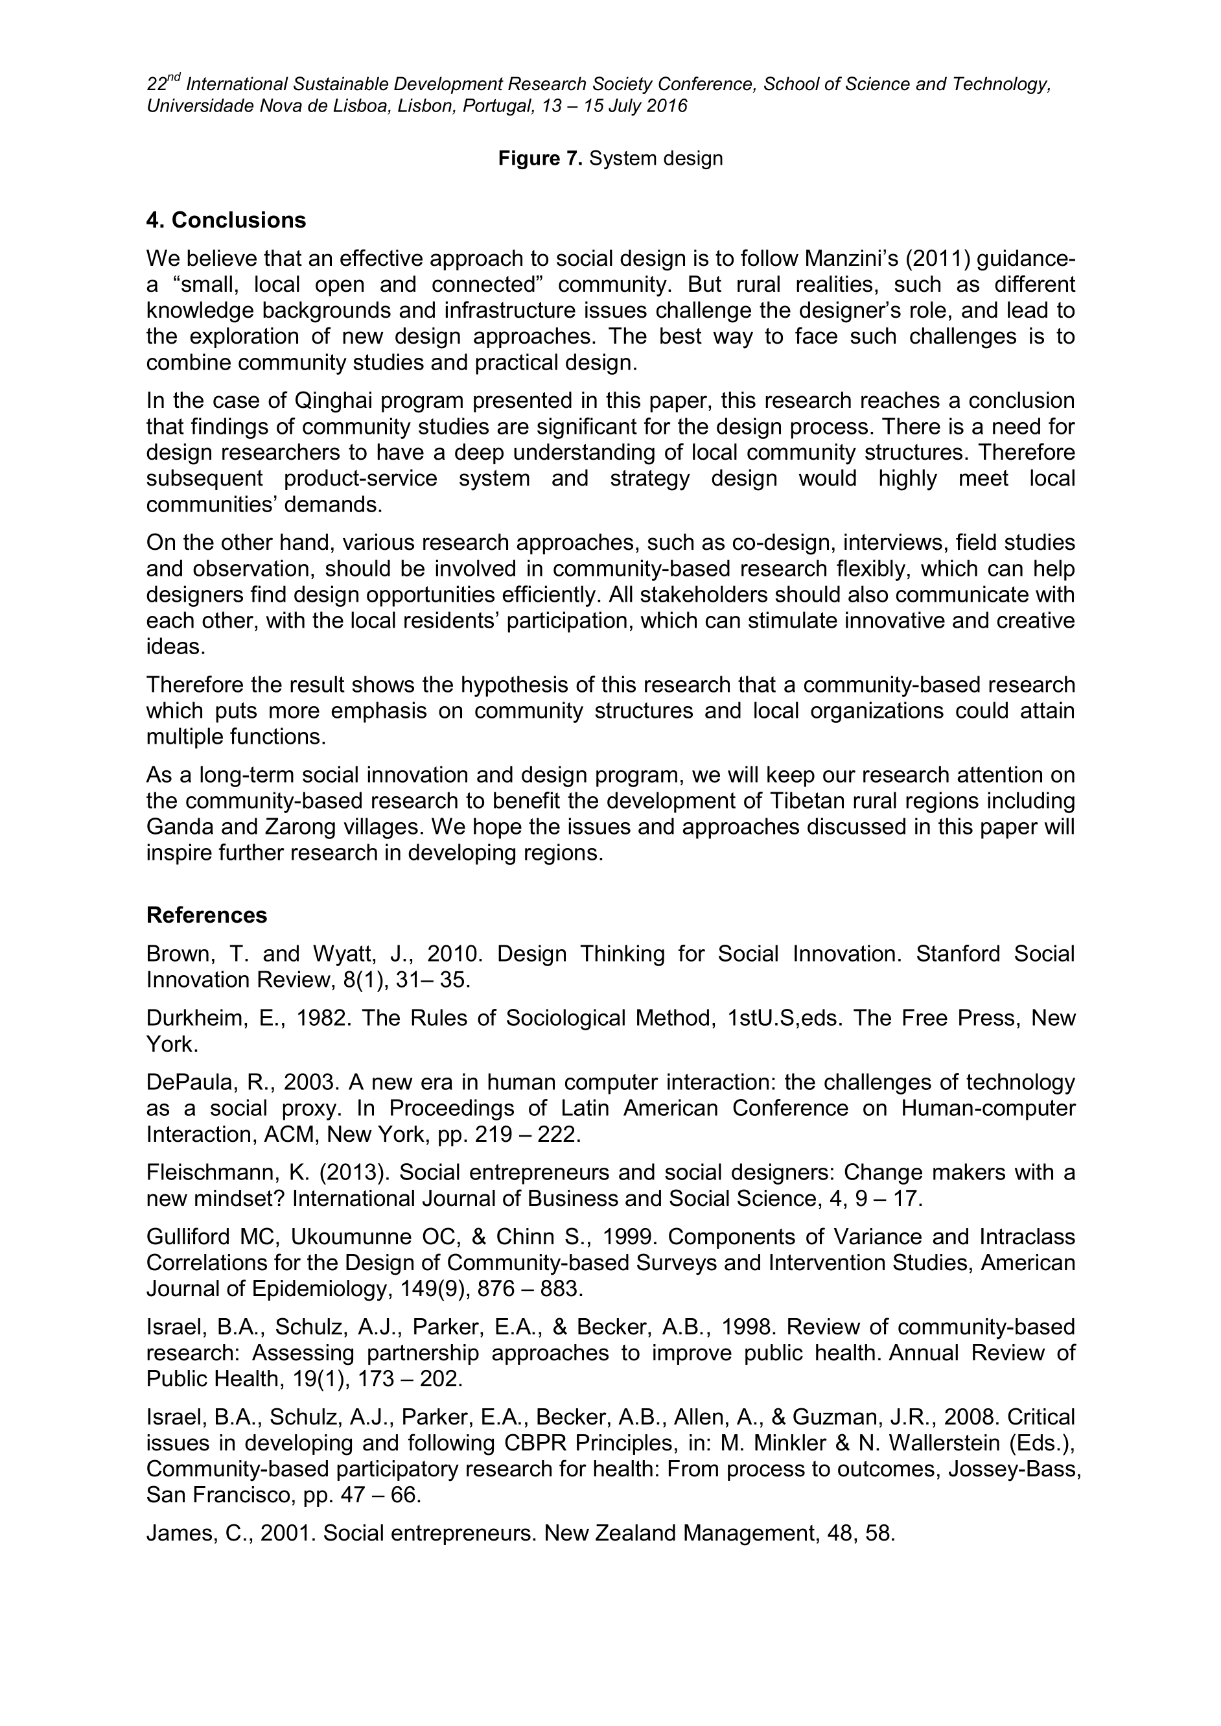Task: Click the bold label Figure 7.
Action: point(541,159)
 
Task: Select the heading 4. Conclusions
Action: point(226,220)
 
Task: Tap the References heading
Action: point(207,916)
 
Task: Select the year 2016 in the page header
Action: point(667,106)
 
